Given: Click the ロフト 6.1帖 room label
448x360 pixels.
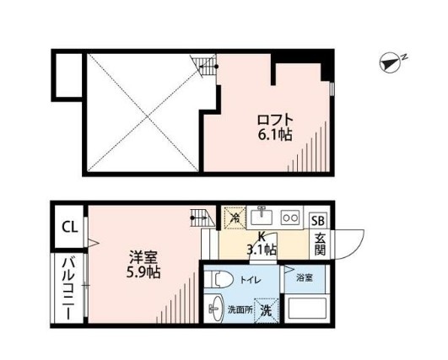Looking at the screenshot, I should pyautogui.click(x=275, y=126).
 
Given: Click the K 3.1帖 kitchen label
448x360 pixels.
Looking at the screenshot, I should pyautogui.click(x=262, y=244).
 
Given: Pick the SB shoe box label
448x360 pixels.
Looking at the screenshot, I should pyautogui.click(x=319, y=221).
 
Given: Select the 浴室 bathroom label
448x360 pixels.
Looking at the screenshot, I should pyautogui.click(x=304, y=276).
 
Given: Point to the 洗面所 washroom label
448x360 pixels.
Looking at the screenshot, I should pyautogui.click(x=238, y=310).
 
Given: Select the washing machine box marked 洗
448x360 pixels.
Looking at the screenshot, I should pyautogui.click(x=267, y=310).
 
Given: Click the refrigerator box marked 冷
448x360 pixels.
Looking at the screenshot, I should pyautogui.click(x=235, y=218).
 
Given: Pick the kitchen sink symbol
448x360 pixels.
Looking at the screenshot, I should pyautogui.click(x=263, y=215).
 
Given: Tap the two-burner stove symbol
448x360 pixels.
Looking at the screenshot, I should pyautogui.click(x=291, y=217).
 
